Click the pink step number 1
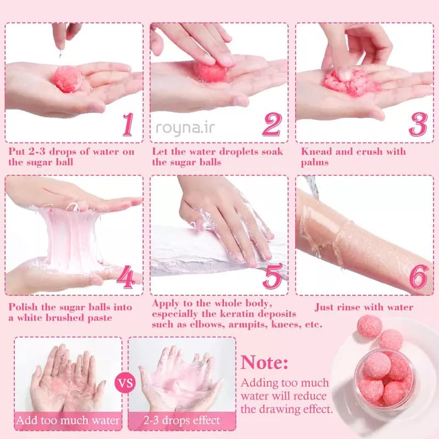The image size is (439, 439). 128,125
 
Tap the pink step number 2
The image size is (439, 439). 272,125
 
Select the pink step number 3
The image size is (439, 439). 418,125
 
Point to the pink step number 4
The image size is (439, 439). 126,277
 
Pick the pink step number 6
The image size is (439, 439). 419,277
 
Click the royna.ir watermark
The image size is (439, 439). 185,128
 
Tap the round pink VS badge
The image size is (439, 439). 125,382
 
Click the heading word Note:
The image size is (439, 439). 264,363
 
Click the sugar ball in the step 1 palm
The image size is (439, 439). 67,79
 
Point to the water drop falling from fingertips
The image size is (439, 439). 60,54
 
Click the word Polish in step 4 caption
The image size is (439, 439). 23,307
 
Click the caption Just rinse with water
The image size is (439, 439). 364,307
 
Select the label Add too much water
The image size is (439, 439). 67,420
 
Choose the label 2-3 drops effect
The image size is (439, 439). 182,420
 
